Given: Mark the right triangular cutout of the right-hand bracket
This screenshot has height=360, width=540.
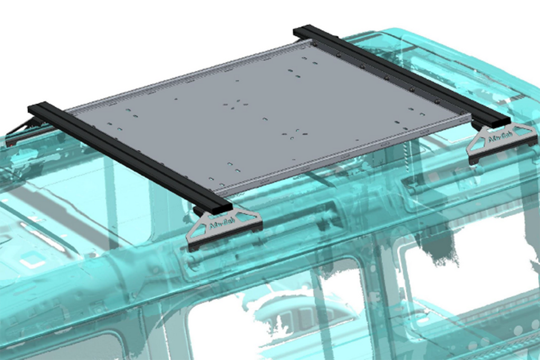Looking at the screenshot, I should pyautogui.click(x=522, y=132).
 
